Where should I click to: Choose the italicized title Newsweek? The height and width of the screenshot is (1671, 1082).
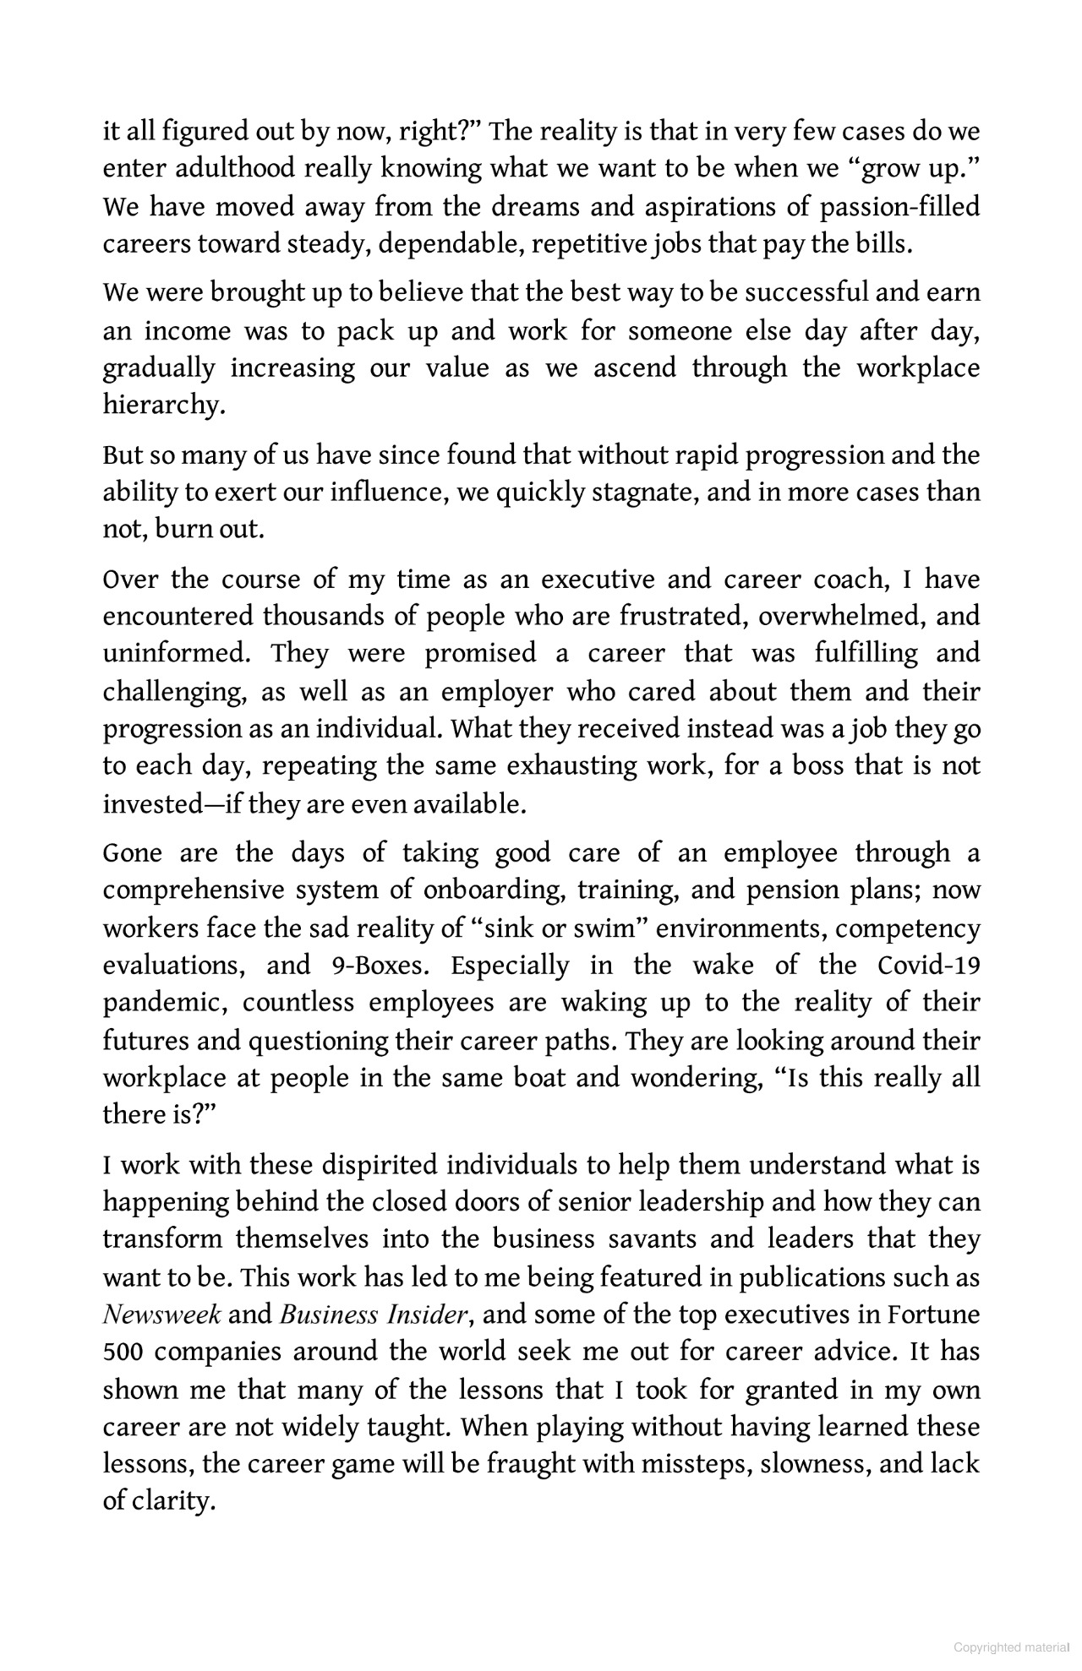coord(161,1315)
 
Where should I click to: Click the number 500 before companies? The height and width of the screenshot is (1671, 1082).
coord(123,1352)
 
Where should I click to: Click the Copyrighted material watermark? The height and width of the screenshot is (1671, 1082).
coord(1010,1648)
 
